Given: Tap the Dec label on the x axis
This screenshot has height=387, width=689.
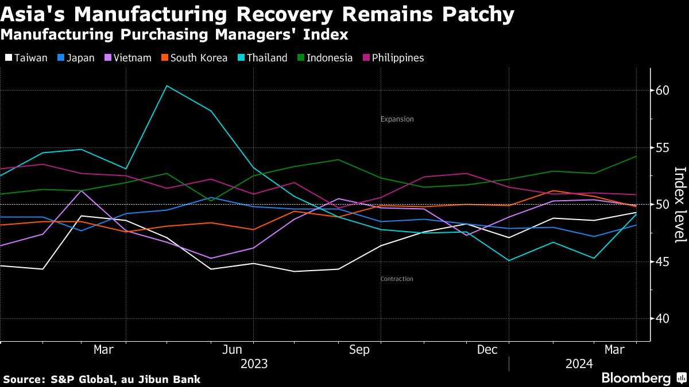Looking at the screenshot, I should (487, 350).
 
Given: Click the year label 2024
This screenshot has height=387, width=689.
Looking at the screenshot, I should (579, 363).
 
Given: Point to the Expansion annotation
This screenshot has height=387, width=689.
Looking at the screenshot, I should (397, 119).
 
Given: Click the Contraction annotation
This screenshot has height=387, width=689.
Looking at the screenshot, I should (397, 279).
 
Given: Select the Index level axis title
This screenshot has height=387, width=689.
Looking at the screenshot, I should (680, 204).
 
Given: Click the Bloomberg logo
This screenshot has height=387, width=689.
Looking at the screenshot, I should (636, 378).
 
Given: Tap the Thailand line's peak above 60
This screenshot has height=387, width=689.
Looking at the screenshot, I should (167, 86).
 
